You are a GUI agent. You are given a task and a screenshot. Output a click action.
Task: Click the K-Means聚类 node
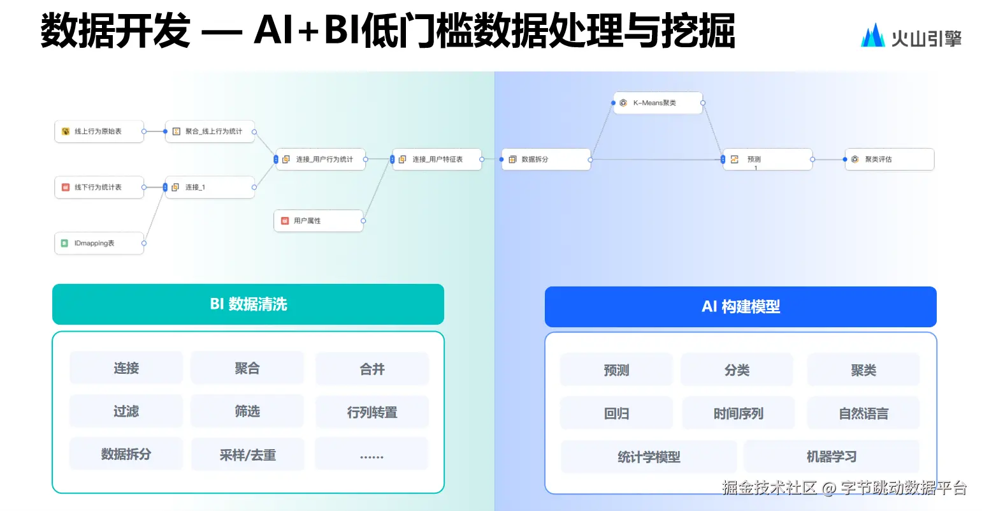click(658, 103)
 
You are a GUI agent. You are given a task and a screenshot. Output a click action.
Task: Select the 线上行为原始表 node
click(99, 131)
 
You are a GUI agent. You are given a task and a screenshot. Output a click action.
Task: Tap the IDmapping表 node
click(99, 243)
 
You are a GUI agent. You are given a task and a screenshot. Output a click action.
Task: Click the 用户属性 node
click(319, 221)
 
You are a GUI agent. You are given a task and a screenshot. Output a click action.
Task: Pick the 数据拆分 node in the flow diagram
click(546, 159)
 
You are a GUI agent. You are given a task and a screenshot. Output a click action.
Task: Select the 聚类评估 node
click(889, 159)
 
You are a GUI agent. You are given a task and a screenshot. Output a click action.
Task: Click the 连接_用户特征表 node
click(437, 159)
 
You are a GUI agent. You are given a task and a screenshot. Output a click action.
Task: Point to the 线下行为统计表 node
click(99, 188)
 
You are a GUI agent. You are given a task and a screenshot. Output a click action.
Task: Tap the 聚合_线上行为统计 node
click(210, 131)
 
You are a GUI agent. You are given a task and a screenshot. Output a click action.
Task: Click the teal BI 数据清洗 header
click(248, 304)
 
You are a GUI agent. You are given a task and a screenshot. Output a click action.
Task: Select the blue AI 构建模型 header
click(740, 307)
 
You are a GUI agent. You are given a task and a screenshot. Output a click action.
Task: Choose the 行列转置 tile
click(372, 413)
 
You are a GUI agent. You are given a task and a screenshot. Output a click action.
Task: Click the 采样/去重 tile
click(247, 455)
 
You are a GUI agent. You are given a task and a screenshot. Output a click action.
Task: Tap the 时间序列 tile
click(738, 413)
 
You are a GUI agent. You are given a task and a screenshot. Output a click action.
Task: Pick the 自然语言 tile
click(863, 413)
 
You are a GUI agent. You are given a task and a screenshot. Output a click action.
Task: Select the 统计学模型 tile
click(649, 457)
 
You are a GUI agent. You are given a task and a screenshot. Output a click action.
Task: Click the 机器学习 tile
click(831, 457)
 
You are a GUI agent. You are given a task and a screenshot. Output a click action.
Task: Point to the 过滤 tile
click(126, 411)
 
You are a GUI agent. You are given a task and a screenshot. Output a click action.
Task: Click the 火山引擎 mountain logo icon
click(872, 36)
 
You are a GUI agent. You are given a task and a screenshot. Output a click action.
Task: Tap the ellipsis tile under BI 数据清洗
click(372, 455)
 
